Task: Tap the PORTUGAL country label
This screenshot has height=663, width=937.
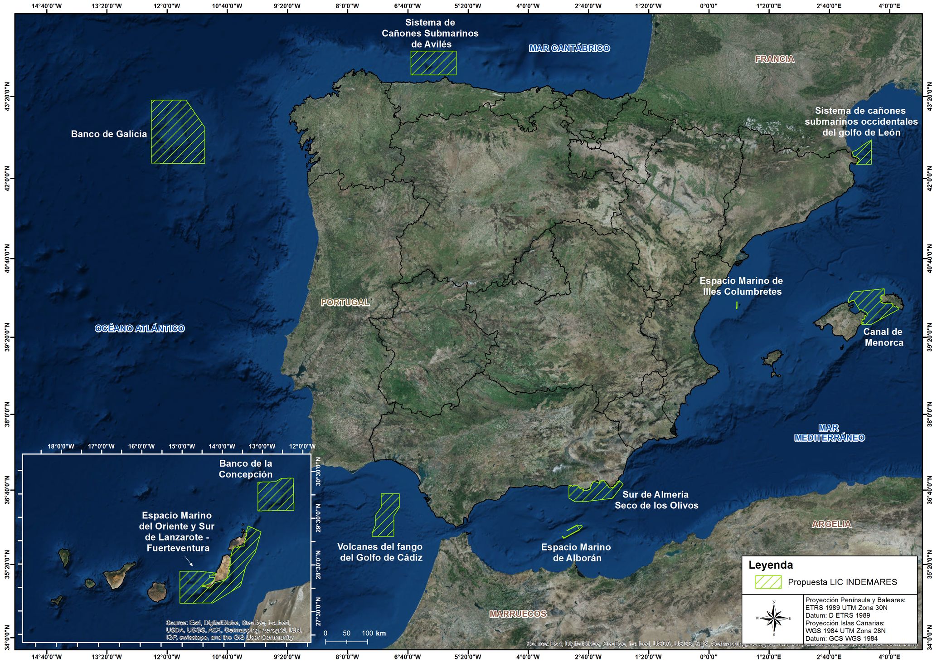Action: coord(345,302)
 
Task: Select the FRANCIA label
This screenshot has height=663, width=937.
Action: coord(774,59)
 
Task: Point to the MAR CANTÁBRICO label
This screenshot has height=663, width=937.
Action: coord(569,48)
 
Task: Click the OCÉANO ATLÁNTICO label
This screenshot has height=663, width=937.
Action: coord(140,328)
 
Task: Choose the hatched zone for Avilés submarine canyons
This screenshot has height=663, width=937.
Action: coord(433,63)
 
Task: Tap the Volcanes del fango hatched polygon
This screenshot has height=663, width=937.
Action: coord(386,515)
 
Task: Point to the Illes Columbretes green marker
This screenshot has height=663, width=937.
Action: coord(737,305)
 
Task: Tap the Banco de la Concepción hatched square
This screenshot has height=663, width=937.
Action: coord(276,495)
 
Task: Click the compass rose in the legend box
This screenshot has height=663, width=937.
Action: coord(774,618)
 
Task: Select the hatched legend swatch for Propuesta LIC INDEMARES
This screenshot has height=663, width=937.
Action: coord(768,582)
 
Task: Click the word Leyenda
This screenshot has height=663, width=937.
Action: coord(771,565)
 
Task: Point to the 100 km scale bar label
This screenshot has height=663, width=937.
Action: coord(374,633)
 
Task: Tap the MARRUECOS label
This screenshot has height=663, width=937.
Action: coord(518,614)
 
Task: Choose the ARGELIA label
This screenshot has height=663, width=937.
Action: coord(831,524)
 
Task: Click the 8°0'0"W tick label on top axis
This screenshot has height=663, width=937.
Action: coord(347,6)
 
